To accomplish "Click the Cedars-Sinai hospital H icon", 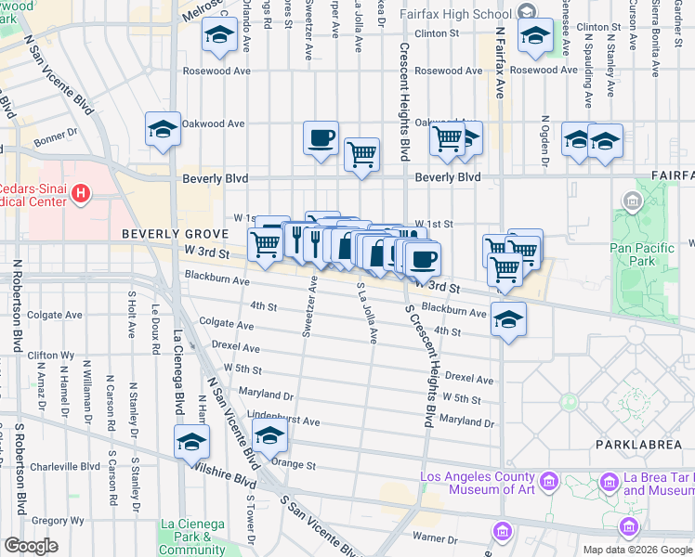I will (81, 194).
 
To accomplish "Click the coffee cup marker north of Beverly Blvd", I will (321, 139).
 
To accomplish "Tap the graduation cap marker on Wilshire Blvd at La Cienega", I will (190, 442).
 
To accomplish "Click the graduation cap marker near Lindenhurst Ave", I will (269, 434).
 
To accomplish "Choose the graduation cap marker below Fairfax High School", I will (535, 37).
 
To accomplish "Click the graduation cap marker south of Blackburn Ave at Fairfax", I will (508, 319).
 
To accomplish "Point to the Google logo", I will (32, 546).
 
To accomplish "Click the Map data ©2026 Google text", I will (637, 550).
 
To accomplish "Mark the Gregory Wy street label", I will (58, 521).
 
